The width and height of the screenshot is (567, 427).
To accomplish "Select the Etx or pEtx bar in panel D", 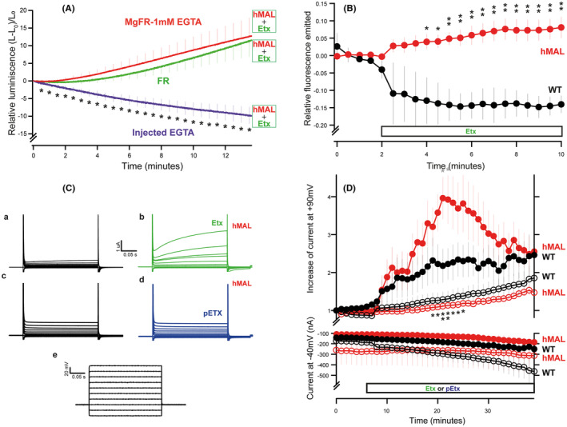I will coord(449,388).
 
